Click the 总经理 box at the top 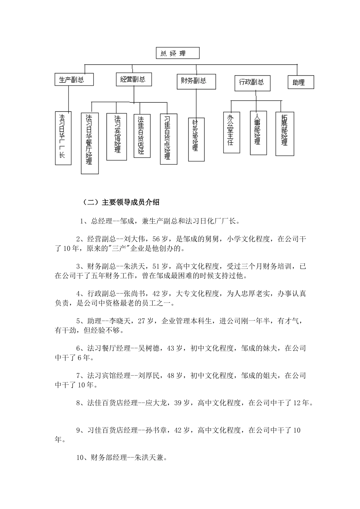[x=177, y=53]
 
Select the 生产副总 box [x=74, y=80]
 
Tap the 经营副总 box [x=133, y=80]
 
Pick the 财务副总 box [x=196, y=81]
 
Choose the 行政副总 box [x=252, y=83]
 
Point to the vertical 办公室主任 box [x=231, y=132]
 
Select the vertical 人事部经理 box [x=258, y=133]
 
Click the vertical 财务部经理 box [x=196, y=139]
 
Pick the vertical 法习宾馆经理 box [x=116, y=136]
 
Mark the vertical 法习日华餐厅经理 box [x=90, y=143]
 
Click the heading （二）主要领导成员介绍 [x=121, y=202]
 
